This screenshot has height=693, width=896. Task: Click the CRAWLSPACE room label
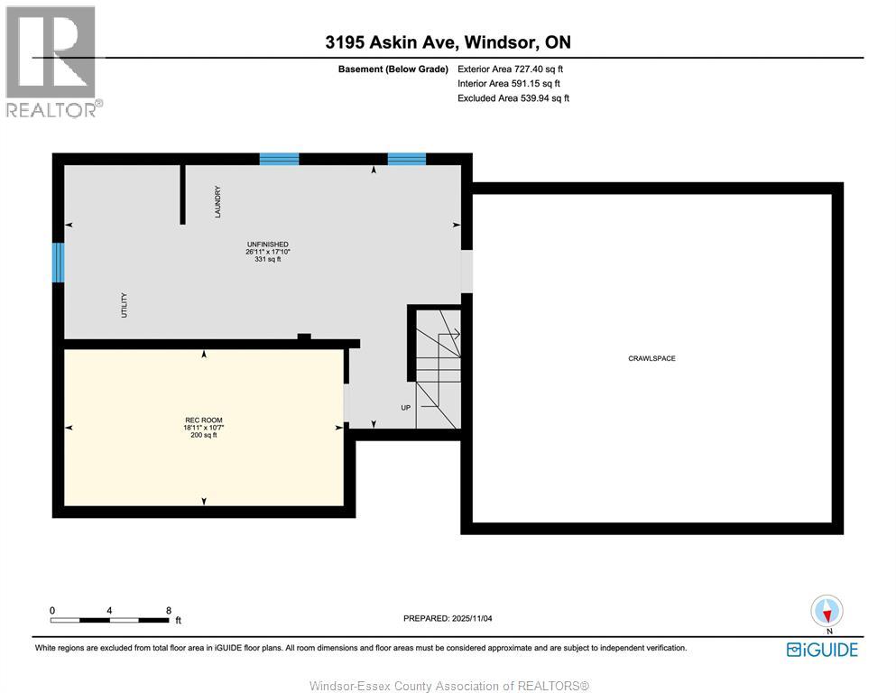click(651, 359)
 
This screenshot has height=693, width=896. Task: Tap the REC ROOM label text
click(203, 420)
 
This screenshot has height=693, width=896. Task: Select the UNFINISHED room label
click(267, 245)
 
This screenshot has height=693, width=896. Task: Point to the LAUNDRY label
click(217, 201)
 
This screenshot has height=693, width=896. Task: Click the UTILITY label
click(125, 305)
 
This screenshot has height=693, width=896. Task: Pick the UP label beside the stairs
click(406, 408)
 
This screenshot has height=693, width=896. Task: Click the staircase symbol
click(439, 369)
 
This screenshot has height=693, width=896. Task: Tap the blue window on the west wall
click(58, 262)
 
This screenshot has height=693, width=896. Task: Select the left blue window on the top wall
click(279, 159)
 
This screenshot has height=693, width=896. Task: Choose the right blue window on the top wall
click(406, 159)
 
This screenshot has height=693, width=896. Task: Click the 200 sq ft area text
click(203, 435)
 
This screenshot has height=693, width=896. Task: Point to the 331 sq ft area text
click(267, 260)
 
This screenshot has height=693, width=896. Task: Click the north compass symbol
click(827, 612)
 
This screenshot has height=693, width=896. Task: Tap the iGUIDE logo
click(822, 650)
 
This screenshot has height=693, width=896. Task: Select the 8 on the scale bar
click(169, 611)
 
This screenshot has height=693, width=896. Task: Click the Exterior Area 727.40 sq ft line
click(514, 69)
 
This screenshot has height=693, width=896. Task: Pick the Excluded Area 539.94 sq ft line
click(513, 98)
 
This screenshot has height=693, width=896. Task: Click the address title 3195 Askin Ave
click(447, 42)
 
